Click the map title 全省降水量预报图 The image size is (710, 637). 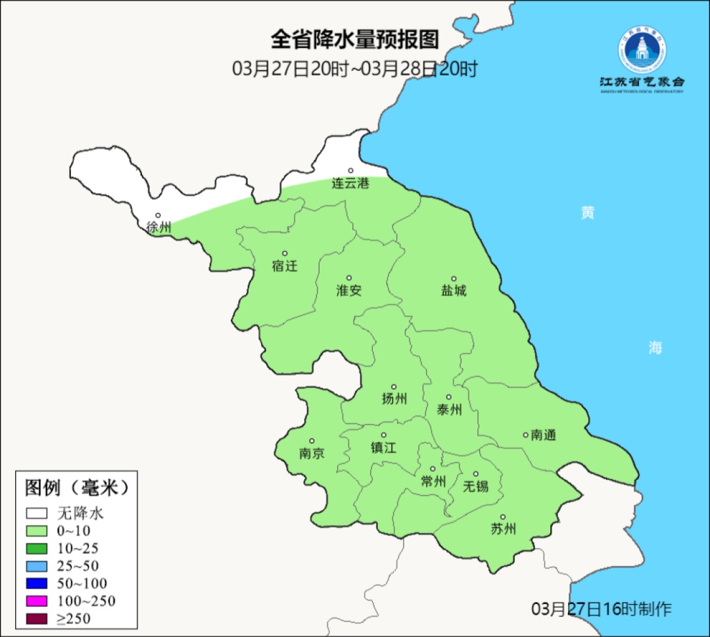354,40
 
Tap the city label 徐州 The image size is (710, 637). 158,227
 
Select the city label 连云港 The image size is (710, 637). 350,183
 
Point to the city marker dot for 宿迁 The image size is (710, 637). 285,253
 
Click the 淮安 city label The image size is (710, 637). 349,290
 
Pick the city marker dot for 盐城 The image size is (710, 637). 453,279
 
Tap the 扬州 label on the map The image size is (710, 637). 394,398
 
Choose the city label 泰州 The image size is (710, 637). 449,410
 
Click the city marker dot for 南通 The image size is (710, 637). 525,435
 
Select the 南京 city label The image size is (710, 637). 312,453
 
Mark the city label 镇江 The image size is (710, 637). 383,447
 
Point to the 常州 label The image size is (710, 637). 433,481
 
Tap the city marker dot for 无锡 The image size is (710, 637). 476,474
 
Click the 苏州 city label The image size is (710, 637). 503,529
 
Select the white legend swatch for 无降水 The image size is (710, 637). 37,513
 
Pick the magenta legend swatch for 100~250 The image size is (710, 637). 37,601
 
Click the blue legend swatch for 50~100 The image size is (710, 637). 37,583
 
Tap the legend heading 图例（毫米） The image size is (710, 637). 76,488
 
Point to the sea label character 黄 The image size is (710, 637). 587,213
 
